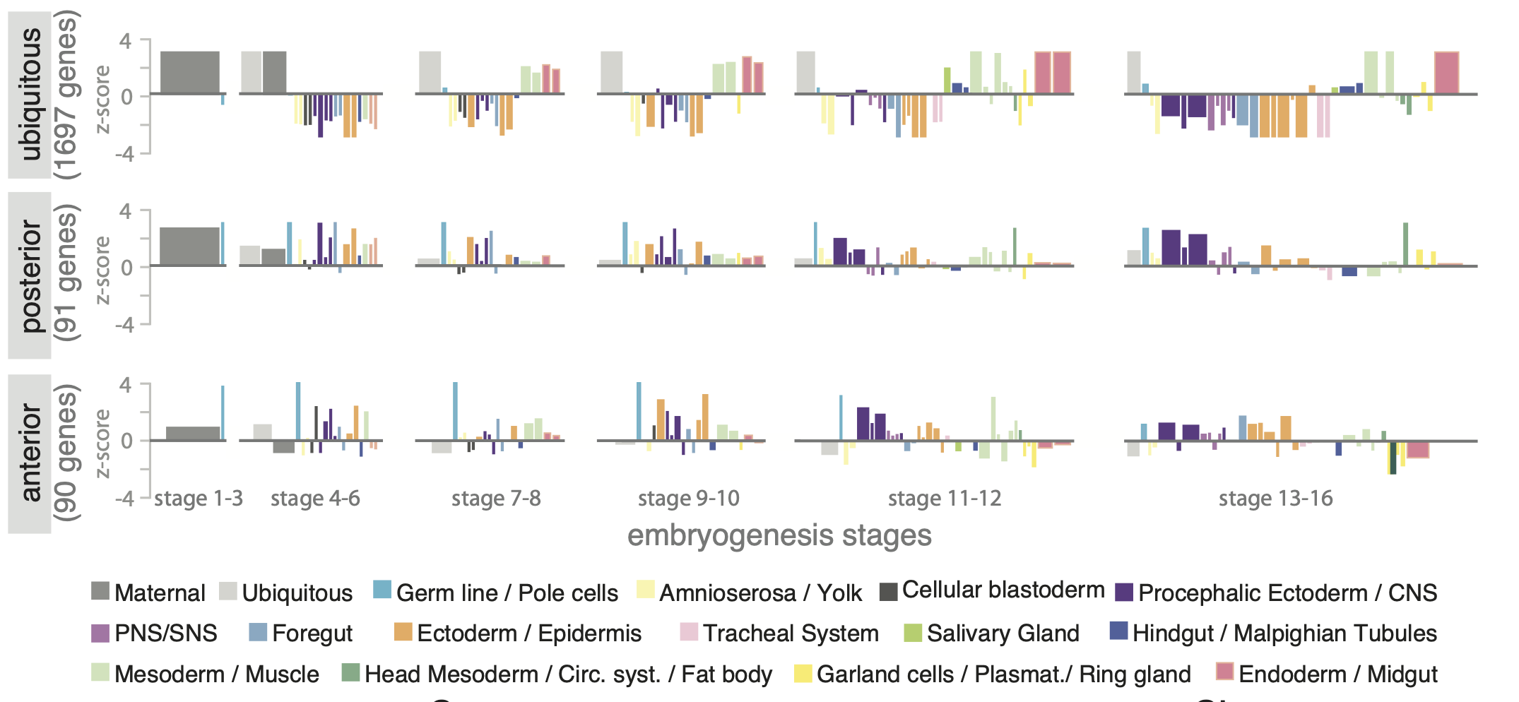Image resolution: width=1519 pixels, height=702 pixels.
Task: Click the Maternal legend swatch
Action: (100, 591)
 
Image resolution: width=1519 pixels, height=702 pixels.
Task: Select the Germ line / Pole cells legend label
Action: (507, 593)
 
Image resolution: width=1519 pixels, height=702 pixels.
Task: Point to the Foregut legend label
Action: (312, 633)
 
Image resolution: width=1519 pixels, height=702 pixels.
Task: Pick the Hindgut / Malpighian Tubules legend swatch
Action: (1118, 631)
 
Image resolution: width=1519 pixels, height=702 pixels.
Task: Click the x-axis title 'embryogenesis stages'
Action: (779, 535)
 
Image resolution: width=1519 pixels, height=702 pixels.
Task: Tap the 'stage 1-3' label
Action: (199, 499)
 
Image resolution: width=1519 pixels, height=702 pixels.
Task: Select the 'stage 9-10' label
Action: (688, 499)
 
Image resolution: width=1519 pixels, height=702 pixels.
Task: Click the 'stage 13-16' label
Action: (1275, 499)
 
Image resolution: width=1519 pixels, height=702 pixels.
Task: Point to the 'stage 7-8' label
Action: (496, 499)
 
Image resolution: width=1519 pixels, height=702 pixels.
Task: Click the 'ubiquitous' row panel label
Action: (30, 95)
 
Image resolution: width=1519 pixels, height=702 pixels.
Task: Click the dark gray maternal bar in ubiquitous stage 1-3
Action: (189, 72)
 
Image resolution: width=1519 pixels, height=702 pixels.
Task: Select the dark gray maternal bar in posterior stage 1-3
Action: (189, 246)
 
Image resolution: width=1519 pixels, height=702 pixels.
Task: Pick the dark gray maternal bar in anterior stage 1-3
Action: (193, 434)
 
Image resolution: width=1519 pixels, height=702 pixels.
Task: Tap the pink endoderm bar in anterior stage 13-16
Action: (1417, 449)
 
